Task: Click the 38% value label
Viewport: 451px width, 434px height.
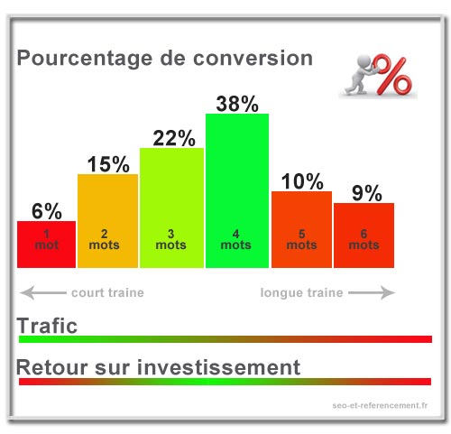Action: point(237,104)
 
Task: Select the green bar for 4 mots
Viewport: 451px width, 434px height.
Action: point(237,190)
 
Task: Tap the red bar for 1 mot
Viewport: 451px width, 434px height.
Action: point(46,245)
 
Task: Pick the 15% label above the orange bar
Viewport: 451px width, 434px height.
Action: point(108,164)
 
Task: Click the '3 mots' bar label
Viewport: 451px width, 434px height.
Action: point(170,239)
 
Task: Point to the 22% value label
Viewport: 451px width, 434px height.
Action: point(174,138)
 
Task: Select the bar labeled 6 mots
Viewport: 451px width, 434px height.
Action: point(364,235)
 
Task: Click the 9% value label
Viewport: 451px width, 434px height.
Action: point(367,193)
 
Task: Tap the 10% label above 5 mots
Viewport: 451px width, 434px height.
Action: point(302,181)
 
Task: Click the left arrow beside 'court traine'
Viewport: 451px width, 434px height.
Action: point(43,292)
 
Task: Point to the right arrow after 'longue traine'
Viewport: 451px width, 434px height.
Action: point(372,292)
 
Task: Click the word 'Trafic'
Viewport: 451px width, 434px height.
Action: point(47,326)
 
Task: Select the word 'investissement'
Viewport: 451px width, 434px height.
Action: point(218,367)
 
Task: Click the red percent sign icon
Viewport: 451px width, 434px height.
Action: point(391,74)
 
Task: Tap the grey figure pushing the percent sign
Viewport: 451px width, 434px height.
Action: point(360,75)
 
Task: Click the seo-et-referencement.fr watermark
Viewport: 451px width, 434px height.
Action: point(380,405)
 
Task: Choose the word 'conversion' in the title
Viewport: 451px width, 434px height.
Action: point(253,58)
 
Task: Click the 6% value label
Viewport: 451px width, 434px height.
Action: point(47,211)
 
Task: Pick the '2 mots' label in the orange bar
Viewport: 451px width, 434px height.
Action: point(104,239)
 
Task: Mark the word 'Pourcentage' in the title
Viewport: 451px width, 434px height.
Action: point(85,59)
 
